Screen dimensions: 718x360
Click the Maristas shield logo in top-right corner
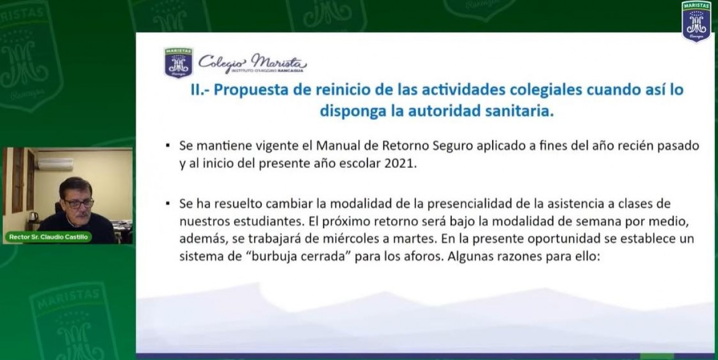pyautogui.click(x=696, y=22)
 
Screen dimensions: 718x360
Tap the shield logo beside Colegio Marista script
pyautogui.click(x=178, y=62)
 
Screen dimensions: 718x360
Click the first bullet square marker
pyautogui.click(x=168, y=146)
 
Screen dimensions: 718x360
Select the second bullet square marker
pyautogui.click(x=168, y=203)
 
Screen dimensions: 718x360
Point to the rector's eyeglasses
pyautogui.click(x=79, y=203)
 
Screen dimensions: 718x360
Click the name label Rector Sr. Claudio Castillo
pyautogui.click(x=49, y=237)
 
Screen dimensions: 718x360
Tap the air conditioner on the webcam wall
pyautogui.click(x=55, y=164)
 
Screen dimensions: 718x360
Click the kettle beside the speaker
pyautogui.click(x=33, y=218)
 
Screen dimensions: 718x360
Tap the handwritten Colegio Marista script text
pyautogui.click(x=252, y=62)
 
